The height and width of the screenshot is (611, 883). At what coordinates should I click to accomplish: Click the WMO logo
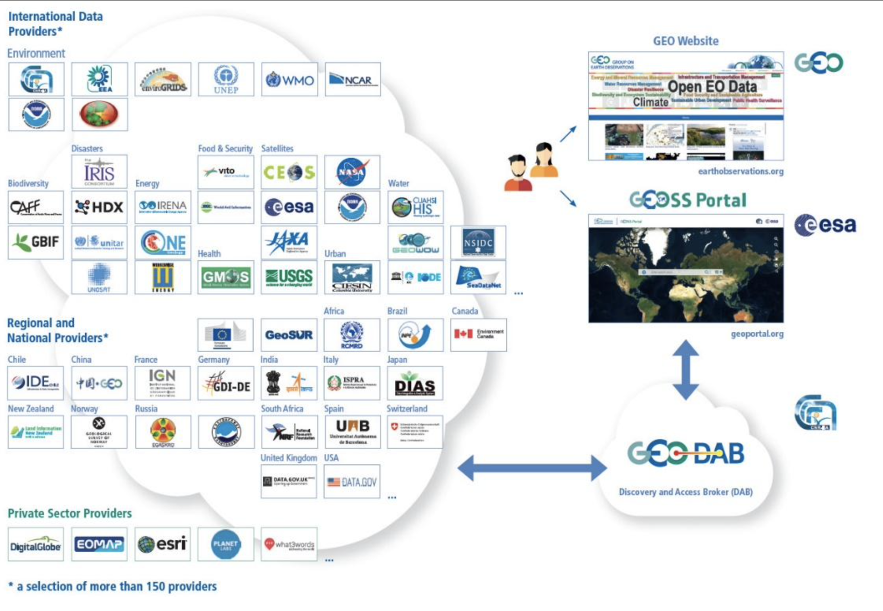289,80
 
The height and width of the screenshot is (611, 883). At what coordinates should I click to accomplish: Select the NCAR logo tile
353,80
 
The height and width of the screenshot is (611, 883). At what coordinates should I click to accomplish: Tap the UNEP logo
226,80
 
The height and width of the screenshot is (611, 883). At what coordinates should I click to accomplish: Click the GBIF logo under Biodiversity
36,242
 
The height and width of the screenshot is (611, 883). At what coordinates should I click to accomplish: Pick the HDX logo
99,207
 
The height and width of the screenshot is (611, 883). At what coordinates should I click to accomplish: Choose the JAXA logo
289,242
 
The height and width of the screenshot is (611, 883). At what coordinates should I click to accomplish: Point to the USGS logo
289,277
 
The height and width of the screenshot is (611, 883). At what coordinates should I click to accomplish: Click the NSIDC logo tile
478,242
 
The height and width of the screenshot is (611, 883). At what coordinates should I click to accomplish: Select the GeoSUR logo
289,335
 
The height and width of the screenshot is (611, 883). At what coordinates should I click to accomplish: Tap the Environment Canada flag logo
478,334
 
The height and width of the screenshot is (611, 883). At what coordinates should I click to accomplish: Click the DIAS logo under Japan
414,384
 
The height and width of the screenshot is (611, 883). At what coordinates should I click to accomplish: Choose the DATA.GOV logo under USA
352,482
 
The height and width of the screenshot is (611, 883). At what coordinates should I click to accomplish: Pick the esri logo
163,544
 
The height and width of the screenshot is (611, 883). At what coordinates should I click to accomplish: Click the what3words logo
289,544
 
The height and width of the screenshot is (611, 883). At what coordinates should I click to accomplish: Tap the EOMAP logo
99,544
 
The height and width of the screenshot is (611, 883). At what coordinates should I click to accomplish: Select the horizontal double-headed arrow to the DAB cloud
532,468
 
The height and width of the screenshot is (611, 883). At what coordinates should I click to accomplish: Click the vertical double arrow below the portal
686,370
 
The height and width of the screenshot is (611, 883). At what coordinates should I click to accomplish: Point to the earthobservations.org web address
740,171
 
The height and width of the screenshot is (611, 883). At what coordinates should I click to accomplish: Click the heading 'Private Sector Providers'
70,513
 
